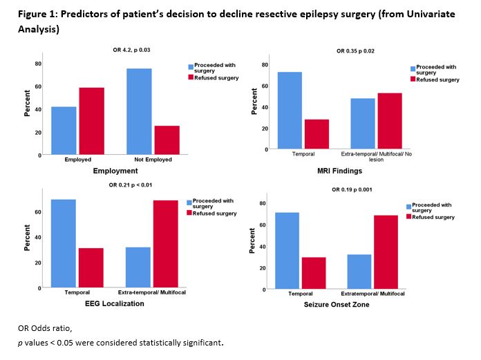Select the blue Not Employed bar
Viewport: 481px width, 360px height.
pos(139,111)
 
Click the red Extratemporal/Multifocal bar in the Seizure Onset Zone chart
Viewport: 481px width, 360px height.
pos(386,252)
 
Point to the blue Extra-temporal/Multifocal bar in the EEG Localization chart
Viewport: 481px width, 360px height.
pos(138,267)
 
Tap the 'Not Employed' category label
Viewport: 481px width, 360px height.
pos(152,160)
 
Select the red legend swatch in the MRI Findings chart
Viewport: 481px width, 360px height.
pos(413,79)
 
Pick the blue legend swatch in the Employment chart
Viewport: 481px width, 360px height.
pos(191,68)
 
